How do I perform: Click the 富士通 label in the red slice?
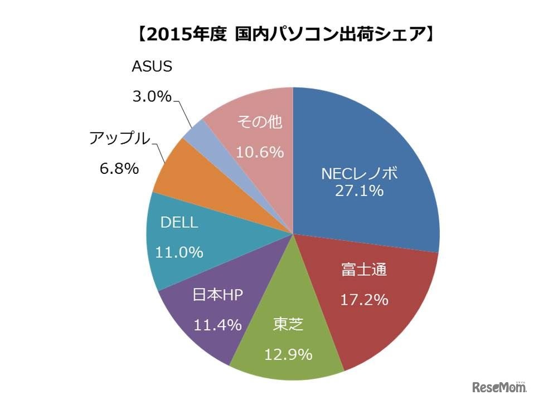coord(363,271)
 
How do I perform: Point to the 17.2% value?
coord(364,300)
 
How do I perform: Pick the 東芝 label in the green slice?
coord(288,324)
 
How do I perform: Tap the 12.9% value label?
coord(288,354)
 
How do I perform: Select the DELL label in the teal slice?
coord(179,223)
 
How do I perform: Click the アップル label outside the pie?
coord(120,139)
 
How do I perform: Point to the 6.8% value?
coord(119,168)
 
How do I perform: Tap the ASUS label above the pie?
coord(152,67)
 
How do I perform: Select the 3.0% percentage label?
coord(151,96)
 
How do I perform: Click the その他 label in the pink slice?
coord(260,121)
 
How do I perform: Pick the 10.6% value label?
coord(260,152)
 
